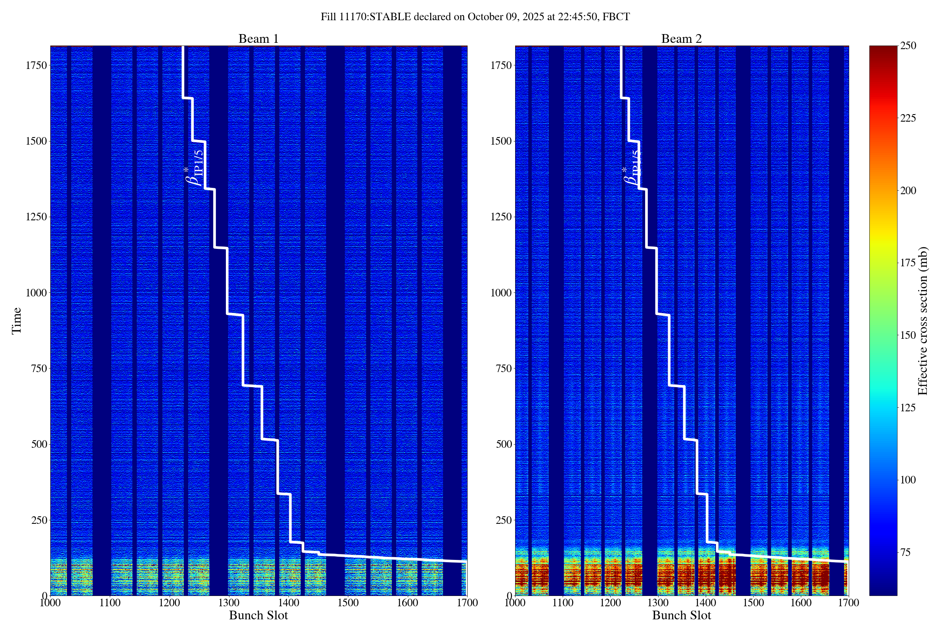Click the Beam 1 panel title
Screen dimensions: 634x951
(x=258, y=39)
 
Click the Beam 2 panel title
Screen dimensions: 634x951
(x=681, y=39)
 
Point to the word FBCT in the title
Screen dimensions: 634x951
(x=616, y=17)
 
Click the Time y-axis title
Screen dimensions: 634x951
(x=17, y=321)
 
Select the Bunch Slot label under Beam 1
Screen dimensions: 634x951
(x=258, y=615)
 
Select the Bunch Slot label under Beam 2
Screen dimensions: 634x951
(x=681, y=615)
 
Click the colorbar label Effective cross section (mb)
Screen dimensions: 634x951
(x=923, y=321)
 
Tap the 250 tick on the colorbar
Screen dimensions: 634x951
(x=908, y=46)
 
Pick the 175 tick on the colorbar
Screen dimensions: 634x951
(x=908, y=263)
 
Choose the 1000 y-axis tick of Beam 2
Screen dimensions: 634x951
(x=501, y=293)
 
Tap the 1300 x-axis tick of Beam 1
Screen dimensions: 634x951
(x=229, y=603)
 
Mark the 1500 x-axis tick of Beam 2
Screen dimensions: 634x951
(x=753, y=603)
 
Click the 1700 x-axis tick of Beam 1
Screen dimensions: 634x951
(x=467, y=603)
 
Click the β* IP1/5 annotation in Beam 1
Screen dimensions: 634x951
(x=194, y=168)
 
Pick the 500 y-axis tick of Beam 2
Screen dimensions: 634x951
(x=504, y=444)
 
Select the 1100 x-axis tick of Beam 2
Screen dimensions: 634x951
(x=563, y=603)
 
